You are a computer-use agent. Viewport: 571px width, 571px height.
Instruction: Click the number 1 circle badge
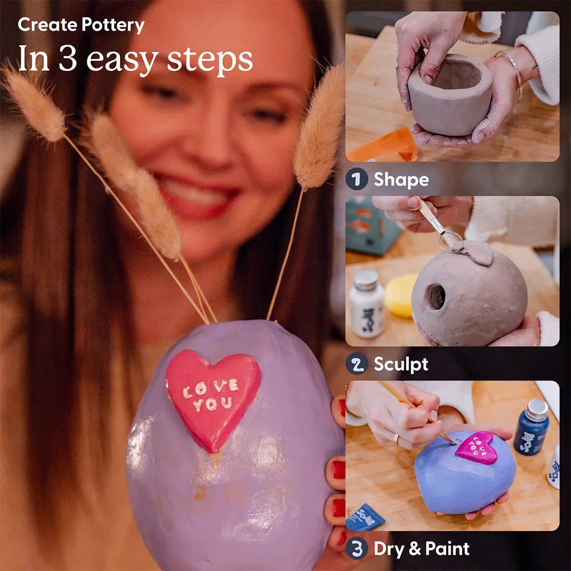click(356, 180)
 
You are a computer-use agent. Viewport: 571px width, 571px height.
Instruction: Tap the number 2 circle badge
click(356, 364)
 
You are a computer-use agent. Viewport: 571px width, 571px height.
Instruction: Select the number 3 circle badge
click(356, 549)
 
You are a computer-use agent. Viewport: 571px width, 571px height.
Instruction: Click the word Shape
click(401, 180)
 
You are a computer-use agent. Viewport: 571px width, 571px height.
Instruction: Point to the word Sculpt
click(400, 364)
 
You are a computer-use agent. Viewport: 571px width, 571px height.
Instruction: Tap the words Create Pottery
click(81, 25)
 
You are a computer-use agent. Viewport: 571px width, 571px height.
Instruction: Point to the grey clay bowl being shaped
click(450, 94)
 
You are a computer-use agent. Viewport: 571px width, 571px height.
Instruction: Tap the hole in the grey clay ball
click(436, 296)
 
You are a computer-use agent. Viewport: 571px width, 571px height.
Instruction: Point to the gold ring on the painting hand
click(396, 439)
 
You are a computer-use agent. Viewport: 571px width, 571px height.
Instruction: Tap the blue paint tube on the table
click(364, 517)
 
